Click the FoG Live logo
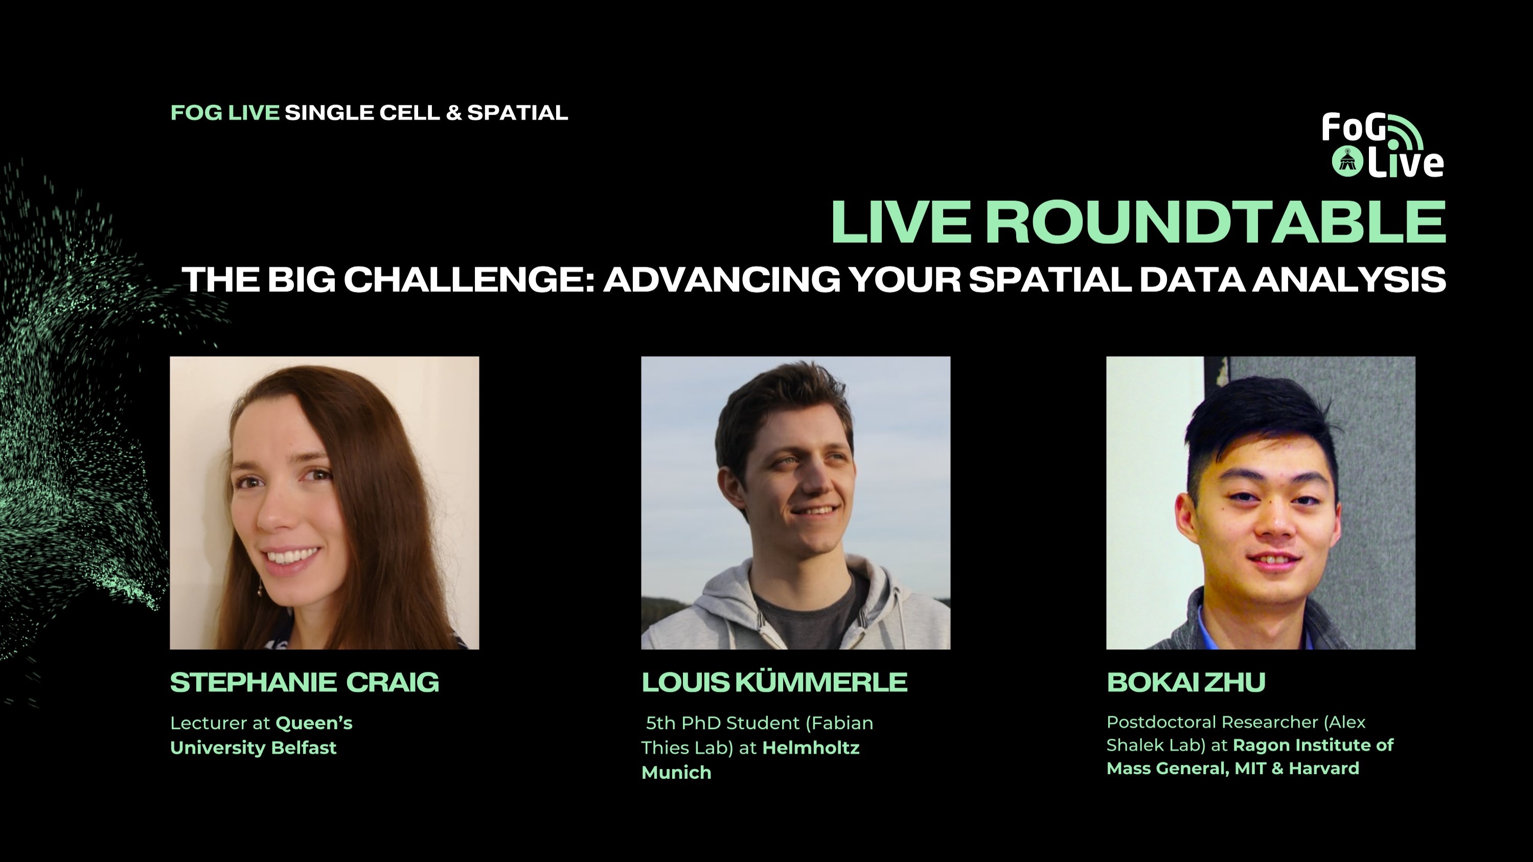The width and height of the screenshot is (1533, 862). pyautogui.click(x=1382, y=145)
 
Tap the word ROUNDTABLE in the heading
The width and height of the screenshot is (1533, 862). pyautogui.click(x=1215, y=222)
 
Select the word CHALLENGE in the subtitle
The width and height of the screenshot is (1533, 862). pyautogui.click(x=470, y=279)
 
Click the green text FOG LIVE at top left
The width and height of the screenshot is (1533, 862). pyautogui.click(x=224, y=112)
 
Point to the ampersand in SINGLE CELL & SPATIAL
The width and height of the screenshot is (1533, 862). pyautogui.click(x=453, y=112)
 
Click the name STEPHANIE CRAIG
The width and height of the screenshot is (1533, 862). pyautogui.click(x=304, y=682)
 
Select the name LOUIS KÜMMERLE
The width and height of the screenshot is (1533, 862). pyautogui.click(x=773, y=682)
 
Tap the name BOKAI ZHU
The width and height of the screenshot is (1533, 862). pyautogui.click(x=1185, y=682)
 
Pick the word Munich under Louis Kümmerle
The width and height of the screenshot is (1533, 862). pyautogui.click(x=676, y=773)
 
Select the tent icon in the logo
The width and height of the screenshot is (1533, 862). pyautogui.click(x=1347, y=162)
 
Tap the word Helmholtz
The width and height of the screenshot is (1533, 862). pyautogui.click(x=811, y=748)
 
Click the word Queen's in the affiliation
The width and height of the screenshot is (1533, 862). pyautogui.click(x=314, y=724)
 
